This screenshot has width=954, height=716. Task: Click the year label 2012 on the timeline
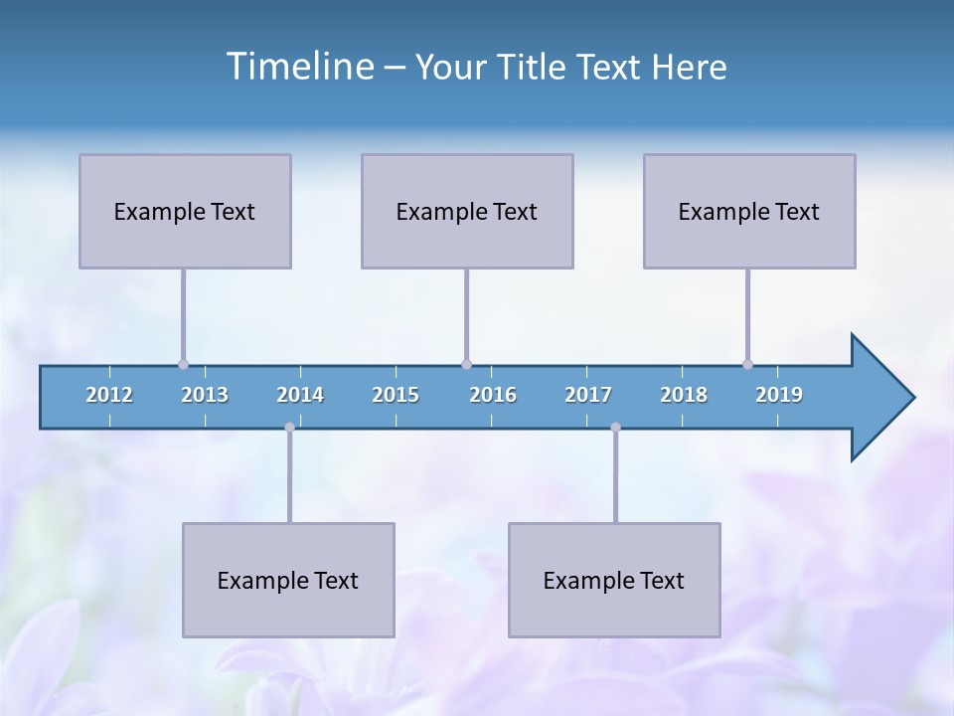[x=109, y=395]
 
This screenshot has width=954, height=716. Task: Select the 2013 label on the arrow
[x=205, y=395]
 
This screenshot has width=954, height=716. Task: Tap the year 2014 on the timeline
[x=300, y=395]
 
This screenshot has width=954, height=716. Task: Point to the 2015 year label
[x=396, y=395]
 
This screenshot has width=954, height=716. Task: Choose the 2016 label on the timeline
[x=493, y=395]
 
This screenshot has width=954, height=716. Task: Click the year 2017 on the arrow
[x=588, y=395]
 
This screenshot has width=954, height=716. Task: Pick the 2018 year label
[x=684, y=395]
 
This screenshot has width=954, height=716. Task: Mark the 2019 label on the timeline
[x=779, y=395]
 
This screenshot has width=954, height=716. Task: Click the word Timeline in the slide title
[x=299, y=67]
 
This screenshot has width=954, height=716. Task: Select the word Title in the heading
[x=534, y=68]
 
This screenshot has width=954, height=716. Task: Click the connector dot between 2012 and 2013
[x=183, y=365]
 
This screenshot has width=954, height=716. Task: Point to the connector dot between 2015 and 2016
[x=466, y=365]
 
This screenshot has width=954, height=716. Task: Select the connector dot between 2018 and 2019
[x=747, y=365]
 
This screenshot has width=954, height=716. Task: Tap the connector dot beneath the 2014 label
[x=289, y=428]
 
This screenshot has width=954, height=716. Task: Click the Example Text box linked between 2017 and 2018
[x=614, y=580]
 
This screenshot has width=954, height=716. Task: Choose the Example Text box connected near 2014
[x=288, y=580]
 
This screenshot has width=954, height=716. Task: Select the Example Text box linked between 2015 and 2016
[x=467, y=211]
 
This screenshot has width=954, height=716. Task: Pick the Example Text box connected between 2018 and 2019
[x=749, y=211]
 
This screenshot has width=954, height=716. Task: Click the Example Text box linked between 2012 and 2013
[x=185, y=211]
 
